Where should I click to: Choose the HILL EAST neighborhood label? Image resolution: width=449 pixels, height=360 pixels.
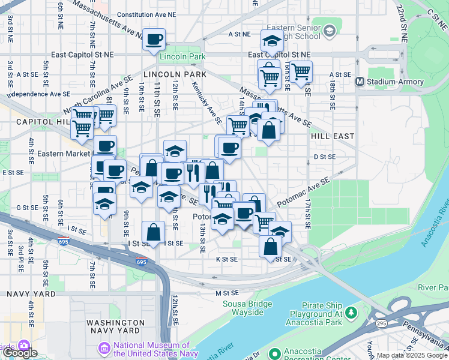tap(333, 136)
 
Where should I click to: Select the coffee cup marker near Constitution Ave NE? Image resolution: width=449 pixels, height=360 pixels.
tap(154, 40)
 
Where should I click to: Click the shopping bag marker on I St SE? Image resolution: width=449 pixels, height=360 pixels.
tap(154, 232)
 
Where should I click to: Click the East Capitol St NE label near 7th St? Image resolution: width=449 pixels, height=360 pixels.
tap(82, 54)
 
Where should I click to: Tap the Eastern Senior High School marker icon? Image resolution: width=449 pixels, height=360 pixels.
tap(329, 30)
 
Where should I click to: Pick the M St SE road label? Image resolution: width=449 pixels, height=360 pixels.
tap(227, 293)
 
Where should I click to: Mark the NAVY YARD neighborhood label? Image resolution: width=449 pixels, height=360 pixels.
tap(30, 294)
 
